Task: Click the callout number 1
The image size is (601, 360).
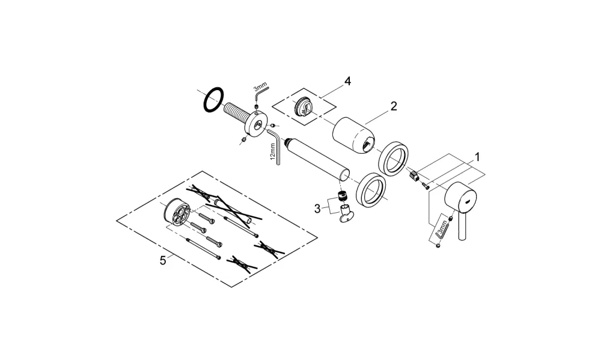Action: [x=477, y=157]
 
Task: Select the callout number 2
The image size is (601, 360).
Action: [x=394, y=106]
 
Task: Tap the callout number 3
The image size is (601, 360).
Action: [x=317, y=209]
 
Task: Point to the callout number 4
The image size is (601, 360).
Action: [x=347, y=81]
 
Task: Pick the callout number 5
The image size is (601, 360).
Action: [x=163, y=261]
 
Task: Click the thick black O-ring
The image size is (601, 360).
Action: [x=213, y=100]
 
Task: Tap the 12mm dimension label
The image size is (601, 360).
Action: [x=273, y=151]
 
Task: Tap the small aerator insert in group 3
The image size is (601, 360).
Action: [x=343, y=196]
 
